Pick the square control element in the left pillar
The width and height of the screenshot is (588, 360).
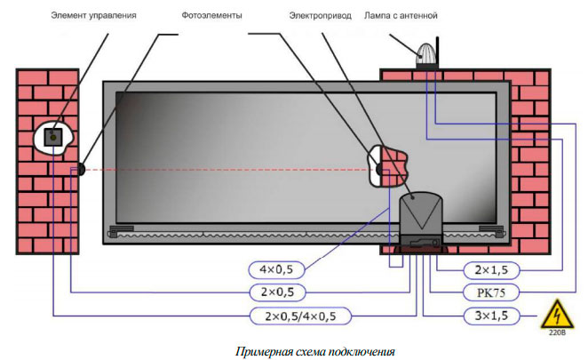55,137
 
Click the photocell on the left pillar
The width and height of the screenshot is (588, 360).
81,168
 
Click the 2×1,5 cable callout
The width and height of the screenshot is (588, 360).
491,268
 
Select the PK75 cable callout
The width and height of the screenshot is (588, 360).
491,291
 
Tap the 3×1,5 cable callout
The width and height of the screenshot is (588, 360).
491,315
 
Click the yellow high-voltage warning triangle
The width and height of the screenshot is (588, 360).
557,315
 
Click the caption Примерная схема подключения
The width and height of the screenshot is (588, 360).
315,350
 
